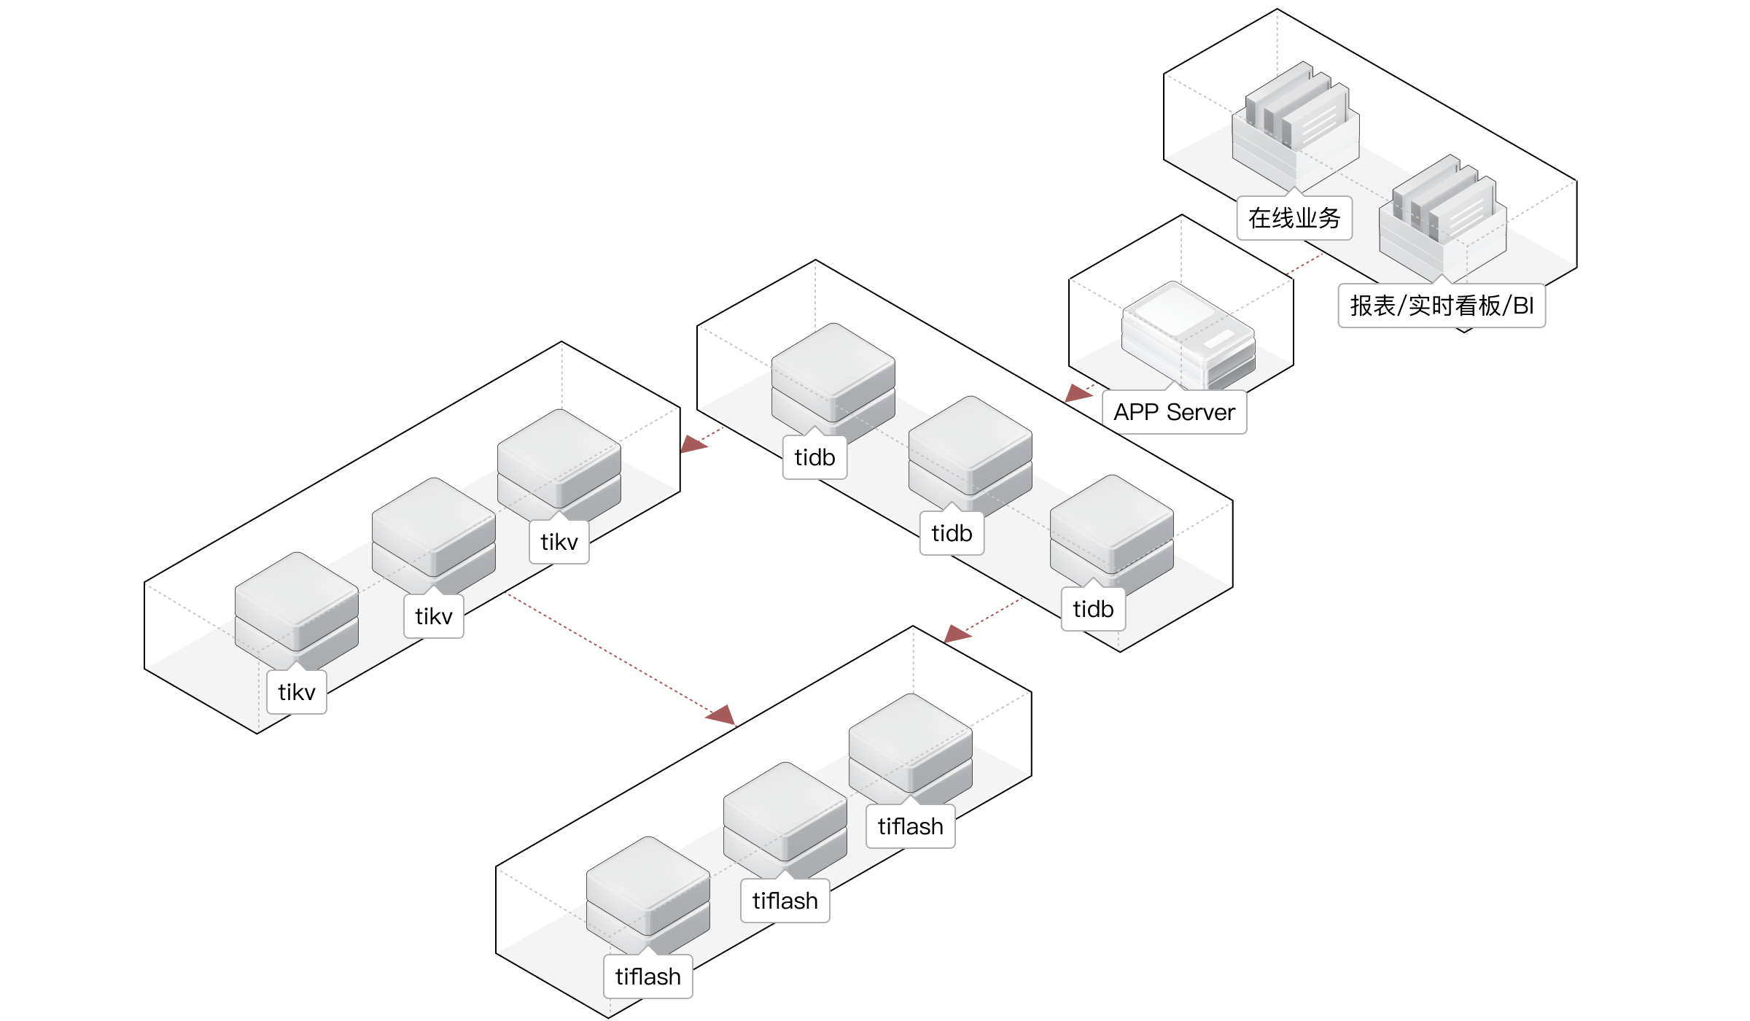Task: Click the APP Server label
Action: [1174, 412]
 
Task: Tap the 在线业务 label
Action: [1294, 218]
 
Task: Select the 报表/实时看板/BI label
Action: [1442, 306]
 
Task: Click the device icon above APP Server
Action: [1189, 335]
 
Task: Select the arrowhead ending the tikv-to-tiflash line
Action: [721, 714]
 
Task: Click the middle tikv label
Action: [434, 616]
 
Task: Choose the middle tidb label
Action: [952, 533]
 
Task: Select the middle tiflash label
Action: [785, 901]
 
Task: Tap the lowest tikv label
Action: [297, 692]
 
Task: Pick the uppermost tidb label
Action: [814, 457]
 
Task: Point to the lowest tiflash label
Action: [648, 977]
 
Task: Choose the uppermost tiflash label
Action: [911, 826]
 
